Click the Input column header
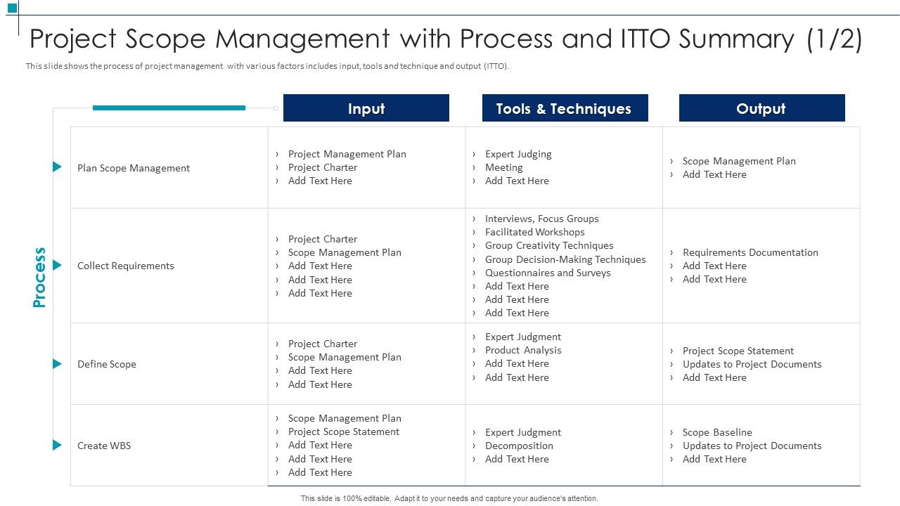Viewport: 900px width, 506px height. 366,108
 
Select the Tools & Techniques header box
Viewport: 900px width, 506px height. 564,108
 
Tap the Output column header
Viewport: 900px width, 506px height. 761,108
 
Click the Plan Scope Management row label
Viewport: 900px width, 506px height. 134,168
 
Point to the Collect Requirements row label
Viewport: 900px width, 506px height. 126,266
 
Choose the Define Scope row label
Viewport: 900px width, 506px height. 107,364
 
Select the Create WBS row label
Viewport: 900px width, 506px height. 104,446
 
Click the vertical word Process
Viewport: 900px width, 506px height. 39,277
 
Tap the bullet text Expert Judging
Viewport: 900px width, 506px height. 518,154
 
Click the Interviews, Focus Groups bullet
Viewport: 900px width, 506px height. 541,219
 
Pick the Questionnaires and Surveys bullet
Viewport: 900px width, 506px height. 548,273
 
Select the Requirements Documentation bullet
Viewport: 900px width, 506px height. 750,252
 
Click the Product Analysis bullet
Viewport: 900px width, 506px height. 523,350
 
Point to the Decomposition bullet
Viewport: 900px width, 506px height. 519,446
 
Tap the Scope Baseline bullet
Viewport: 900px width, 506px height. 717,432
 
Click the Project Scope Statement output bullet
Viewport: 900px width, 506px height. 738,351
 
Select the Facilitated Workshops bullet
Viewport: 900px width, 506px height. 534,232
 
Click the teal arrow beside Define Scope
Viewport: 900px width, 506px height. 57,364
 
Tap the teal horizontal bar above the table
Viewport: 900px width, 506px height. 169,108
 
